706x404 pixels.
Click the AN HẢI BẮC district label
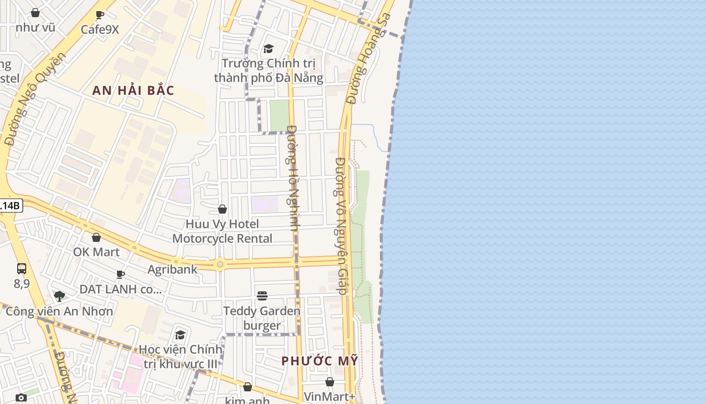(x=134, y=91)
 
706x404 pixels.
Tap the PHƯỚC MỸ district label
(x=320, y=361)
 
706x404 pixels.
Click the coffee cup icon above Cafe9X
(x=100, y=15)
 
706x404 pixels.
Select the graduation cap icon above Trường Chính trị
(x=268, y=49)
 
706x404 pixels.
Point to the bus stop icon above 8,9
(x=22, y=269)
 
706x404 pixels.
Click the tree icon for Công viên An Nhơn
(x=60, y=296)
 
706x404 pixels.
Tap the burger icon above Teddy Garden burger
(x=262, y=295)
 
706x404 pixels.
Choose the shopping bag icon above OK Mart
(x=96, y=237)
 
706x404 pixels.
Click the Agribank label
(x=172, y=269)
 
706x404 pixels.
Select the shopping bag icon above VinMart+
(x=330, y=382)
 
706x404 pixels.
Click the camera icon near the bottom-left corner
(x=21, y=397)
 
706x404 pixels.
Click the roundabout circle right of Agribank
(x=219, y=264)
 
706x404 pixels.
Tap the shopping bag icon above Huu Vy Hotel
(x=222, y=209)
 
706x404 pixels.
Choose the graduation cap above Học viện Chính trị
(x=180, y=335)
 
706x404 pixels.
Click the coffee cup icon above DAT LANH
(x=121, y=274)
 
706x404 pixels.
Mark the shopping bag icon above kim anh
(x=247, y=387)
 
